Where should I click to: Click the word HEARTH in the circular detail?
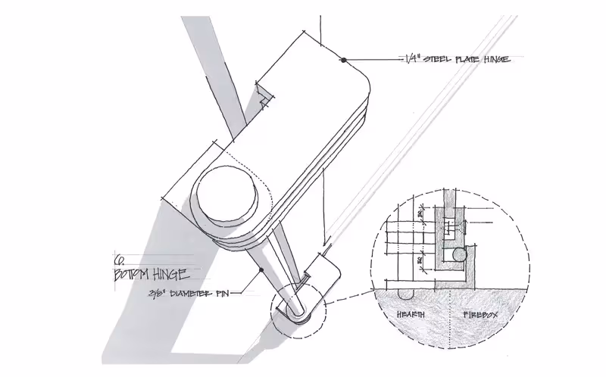pos(405,313)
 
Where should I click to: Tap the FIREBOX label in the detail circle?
pos(476,313)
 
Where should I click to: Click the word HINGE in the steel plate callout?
pos(500,59)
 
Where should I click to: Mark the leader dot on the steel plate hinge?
pos(343,59)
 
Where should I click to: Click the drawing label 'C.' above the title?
pos(117,257)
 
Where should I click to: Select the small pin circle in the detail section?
pos(458,255)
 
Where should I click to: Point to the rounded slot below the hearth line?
pos(405,293)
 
